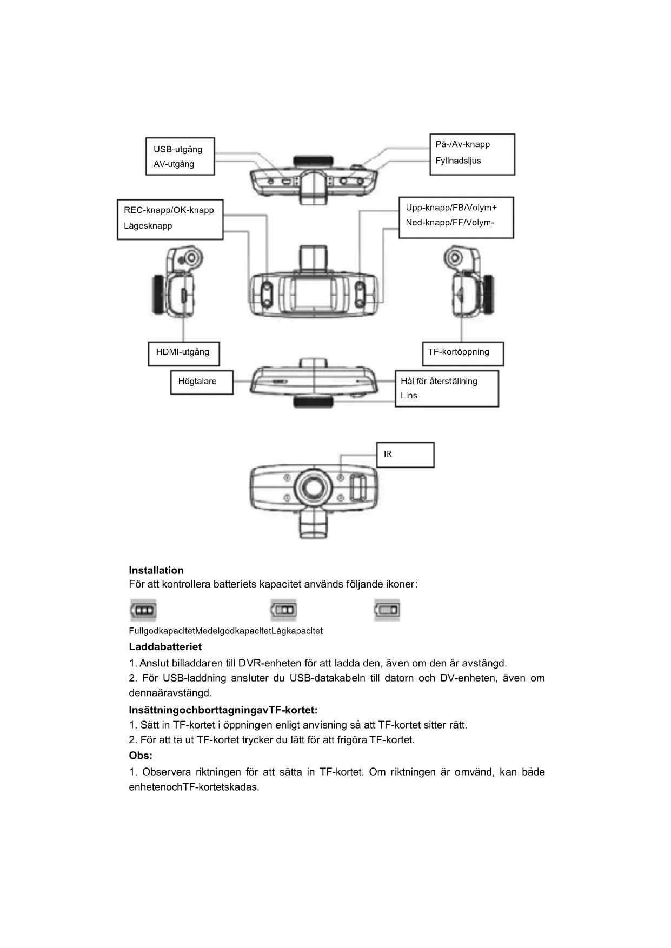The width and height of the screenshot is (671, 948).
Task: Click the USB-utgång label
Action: (x=178, y=149)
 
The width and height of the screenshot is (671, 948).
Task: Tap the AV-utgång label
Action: (x=174, y=164)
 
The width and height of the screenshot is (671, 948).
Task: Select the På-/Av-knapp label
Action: (x=462, y=144)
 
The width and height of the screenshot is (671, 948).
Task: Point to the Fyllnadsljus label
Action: (x=458, y=161)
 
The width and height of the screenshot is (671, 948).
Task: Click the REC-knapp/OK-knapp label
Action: (x=169, y=210)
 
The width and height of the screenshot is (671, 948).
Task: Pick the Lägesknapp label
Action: (x=148, y=225)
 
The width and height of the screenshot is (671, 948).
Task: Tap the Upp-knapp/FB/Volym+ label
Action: (x=451, y=208)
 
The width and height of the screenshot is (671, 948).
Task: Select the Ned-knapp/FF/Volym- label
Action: (x=450, y=222)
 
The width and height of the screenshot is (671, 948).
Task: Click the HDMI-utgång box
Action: (x=183, y=353)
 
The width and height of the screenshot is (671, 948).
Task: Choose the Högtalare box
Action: (x=201, y=382)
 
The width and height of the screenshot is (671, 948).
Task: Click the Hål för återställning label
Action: (x=439, y=381)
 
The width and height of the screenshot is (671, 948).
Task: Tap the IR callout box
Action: (x=405, y=455)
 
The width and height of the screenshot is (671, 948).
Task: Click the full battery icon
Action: (x=143, y=610)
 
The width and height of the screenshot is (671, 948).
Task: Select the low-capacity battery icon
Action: (x=387, y=610)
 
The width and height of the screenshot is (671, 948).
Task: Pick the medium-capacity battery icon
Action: (x=284, y=610)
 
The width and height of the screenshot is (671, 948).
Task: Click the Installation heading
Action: (x=156, y=570)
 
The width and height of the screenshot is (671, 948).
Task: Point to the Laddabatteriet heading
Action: (x=165, y=646)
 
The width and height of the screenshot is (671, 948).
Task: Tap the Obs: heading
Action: (x=141, y=755)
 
